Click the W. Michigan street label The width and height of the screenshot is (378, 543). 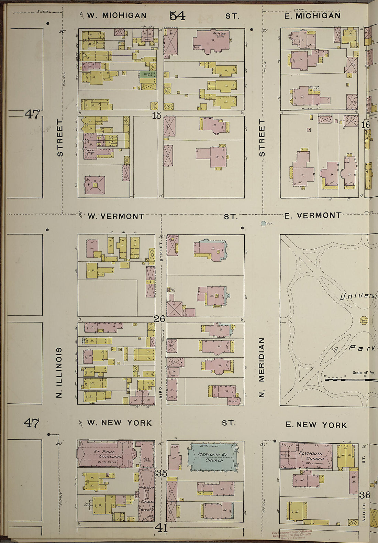116,15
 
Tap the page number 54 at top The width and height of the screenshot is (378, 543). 177,15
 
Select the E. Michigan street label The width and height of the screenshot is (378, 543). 312,16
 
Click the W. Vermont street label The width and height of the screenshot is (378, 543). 116,216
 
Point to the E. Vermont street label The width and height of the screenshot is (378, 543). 313,216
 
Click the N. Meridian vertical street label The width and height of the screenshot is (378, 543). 262,367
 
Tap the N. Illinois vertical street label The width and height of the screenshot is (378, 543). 59,372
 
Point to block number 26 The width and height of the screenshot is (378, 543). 159,319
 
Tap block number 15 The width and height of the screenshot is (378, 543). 156,116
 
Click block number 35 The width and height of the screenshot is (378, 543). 162,473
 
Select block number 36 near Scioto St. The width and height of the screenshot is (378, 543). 364,495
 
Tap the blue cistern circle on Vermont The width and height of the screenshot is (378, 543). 263,224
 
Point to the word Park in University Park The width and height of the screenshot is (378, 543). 361,348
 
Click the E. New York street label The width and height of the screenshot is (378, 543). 316,425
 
